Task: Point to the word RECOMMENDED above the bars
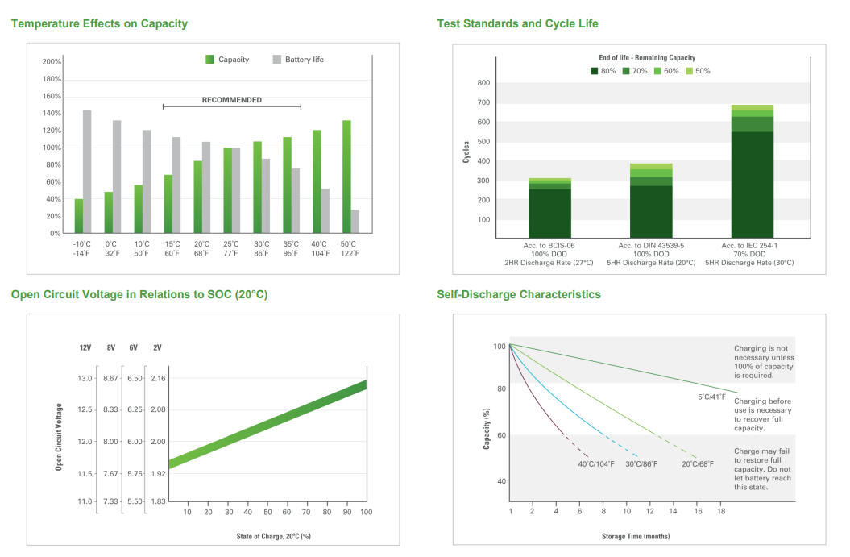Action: (231, 100)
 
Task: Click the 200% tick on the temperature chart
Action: (52, 62)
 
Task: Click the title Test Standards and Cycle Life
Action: (517, 23)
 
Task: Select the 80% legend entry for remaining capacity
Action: (603, 71)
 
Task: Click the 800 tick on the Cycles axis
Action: (483, 83)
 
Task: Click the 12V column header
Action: (85, 348)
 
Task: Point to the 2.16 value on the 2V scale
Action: (158, 378)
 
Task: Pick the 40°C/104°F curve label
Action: (596, 463)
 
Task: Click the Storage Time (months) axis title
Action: (635, 536)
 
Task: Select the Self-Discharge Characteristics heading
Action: (519, 294)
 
